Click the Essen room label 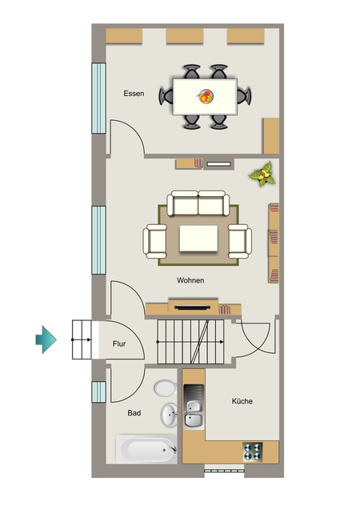pyautogui.click(x=134, y=94)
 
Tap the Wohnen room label pyautogui.click(x=190, y=280)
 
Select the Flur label pyautogui.click(x=119, y=343)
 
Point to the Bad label pyautogui.click(x=134, y=413)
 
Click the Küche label pyautogui.click(x=242, y=401)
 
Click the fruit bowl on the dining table pyautogui.click(x=206, y=97)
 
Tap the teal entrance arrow pyautogui.click(x=46, y=339)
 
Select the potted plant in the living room pyautogui.click(x=262, y=175)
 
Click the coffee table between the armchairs pyautogui.click(x=198, y=238)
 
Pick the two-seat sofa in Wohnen pyautogui.click(x=198, y=203)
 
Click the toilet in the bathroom pyautogui.click(x=165, y=388)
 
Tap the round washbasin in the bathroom pyautogui.click(x=169, y=415)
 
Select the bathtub pyautogui.click(x=146, y=449)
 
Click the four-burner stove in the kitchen pyautogui.click(x=253, y=452)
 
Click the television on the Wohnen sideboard pyautogui.click(x=193, y=307)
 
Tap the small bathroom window pyautogui.click(x=98, y=392)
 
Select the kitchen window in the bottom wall pyautogui.click(x=224, y=471)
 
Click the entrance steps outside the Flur pyautogui.click(x=82, y=339)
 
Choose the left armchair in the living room pyautogui.click(x=155, y=241)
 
